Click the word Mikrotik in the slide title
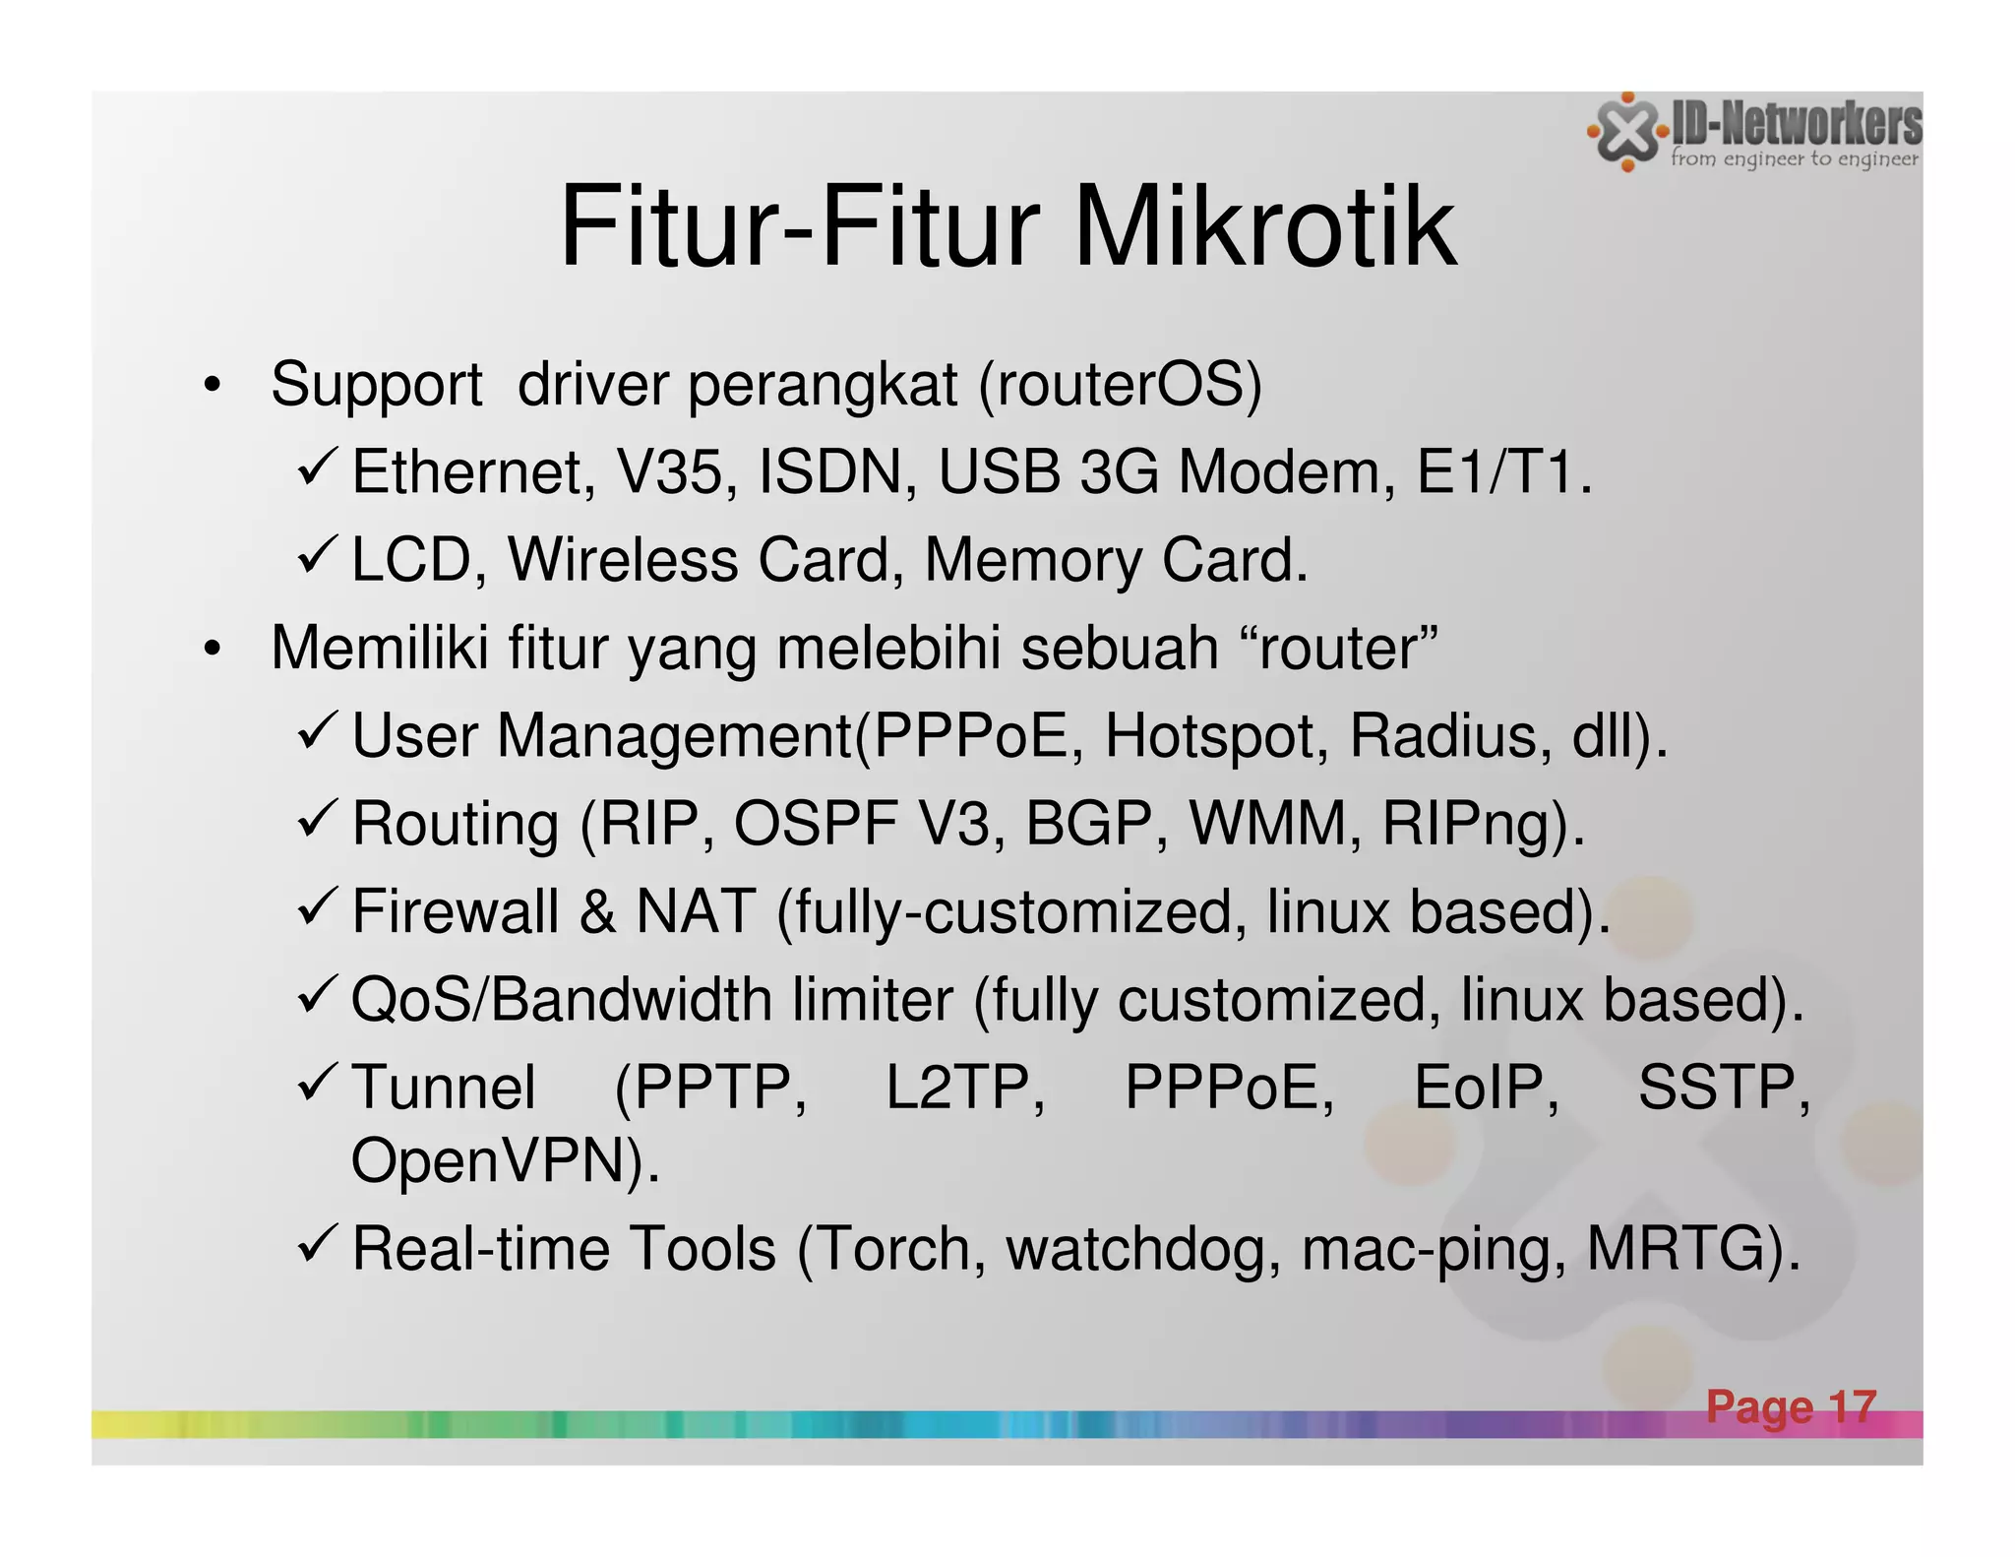pyautogui.click(x=1264, y=228)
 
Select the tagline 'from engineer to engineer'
pyautogui.click(x=1794, y=158)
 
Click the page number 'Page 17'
pyautogui.click(x=1791, y=1406)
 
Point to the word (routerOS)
pyautogui.click(x=1120, y=385)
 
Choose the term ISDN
pyautogui.click(x=830, y=472)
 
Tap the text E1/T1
pyautogui.click(x=1503, y=472)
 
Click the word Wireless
pyautogui.click(x=622, y=560)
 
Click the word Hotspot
pyautogui.click(x=1216, y=736)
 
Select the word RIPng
pyautogui.click(x=1475, y=825)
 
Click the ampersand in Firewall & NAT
pyautogui.click(x=597, y=911)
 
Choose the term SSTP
pyautogui.click(x=1723, y=1088)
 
